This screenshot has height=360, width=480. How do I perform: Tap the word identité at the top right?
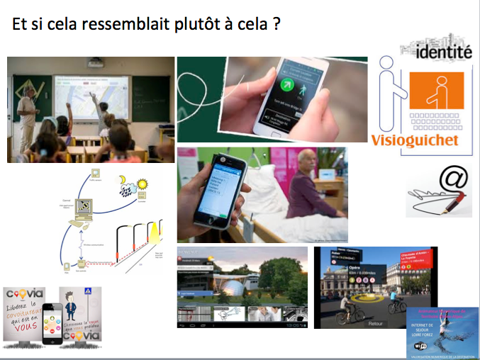coord(444,52)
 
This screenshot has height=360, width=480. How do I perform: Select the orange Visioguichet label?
coord(415,140)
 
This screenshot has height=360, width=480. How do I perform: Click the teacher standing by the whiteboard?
coord(26,113)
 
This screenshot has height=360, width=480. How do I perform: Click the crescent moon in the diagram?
coord(121,179)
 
